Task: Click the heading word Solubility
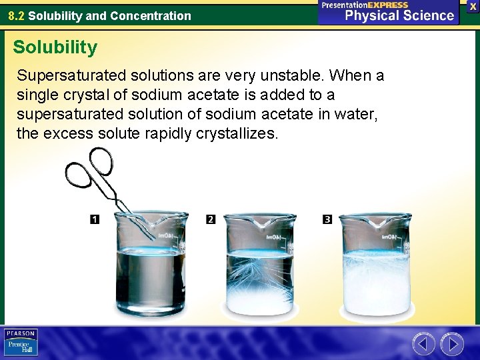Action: click(55, 47)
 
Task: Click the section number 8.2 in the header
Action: click(17, 15)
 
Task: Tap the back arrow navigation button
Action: click(423, 344)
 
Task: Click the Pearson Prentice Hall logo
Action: click(21, 342)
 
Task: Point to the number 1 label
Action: click(95, 219)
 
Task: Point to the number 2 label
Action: click(211, 219)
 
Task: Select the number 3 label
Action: click(327, 219)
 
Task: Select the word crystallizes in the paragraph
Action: click(237, 133)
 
